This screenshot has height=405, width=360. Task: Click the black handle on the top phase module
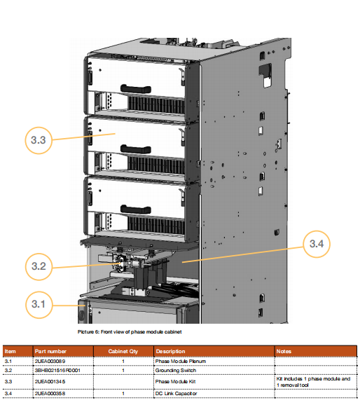136,88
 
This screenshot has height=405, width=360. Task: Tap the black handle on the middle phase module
136,149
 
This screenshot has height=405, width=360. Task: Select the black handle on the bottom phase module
136,210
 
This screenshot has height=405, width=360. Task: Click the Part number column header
50,351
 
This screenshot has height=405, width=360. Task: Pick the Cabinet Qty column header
123,351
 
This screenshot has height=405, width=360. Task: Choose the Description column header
170,351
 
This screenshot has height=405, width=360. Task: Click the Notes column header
284,351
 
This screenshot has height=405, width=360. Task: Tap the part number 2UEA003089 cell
50,361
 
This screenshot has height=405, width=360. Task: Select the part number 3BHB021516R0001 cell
57,371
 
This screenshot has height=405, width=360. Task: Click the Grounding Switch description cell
176,371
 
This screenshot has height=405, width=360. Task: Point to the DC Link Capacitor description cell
176,393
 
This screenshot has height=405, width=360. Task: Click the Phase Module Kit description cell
175,381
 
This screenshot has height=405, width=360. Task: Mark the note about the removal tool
313,382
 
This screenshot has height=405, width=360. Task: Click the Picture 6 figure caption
130,331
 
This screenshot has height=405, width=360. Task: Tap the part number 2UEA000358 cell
50,393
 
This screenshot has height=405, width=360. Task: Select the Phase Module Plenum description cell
181,361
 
